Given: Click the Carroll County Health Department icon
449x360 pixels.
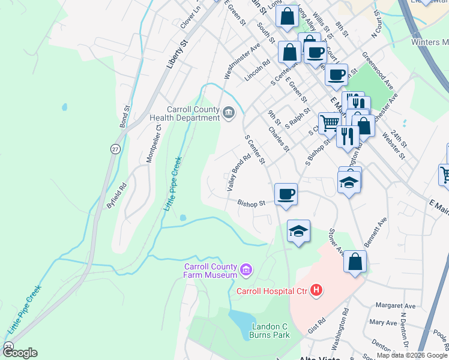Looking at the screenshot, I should (229, 113).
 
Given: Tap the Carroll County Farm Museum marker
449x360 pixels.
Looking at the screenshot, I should (246, 271).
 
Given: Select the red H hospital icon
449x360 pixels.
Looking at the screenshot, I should (316, 292).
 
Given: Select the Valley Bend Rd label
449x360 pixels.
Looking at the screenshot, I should (238, 172).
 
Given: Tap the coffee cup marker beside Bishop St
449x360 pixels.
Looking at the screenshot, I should (286, 194).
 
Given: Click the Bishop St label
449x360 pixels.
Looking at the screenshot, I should (251, 203).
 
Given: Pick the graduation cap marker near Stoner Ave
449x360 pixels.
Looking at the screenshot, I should (298, 232).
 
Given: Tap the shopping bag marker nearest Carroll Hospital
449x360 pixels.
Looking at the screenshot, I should (355, 262).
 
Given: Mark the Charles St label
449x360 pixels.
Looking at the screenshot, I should (279, 139).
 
